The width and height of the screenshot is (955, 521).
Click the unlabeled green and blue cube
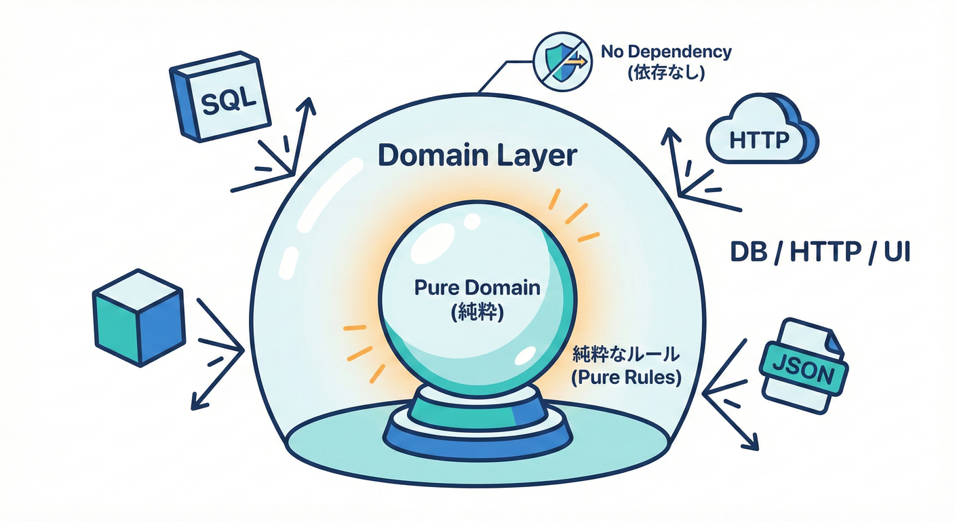138,317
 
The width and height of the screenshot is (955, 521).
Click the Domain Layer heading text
477,155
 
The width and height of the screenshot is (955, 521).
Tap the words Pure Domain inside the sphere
477,288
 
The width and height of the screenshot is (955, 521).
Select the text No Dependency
666,52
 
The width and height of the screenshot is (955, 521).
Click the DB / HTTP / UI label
819,252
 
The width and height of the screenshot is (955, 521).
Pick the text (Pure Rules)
626,378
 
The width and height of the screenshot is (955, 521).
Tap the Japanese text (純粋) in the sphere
477,312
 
